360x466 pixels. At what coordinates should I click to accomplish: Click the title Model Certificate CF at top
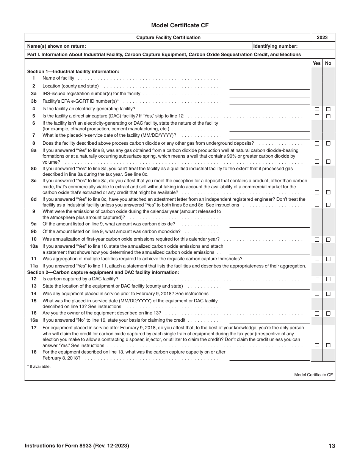pyautogui.click(x=180, y=25)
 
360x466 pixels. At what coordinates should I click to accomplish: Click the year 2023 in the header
pyautogui.click(x=322, y=38)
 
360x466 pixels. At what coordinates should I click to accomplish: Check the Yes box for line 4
pyautogui.click(x=317, y=109)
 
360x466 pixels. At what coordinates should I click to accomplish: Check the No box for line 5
pyautogui.click(x=328, y=116)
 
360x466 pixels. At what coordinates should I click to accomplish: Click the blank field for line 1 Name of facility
pyautogui.click(x=269, y=78)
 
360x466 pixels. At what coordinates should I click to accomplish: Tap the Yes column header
pyautogui.click(x=316, y=63)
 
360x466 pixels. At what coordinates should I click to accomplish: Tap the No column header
pyautogui.click(x=328, y=63)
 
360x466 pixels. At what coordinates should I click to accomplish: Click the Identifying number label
pyautogui.click(x=275, y=46)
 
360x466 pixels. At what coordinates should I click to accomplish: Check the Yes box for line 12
pyautogui.click(x=317, y=279)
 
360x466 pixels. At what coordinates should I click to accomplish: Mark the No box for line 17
pyautogui.click(x=328, y=345)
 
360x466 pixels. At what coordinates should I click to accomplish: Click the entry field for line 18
pyautogui.click(x=269, y=357)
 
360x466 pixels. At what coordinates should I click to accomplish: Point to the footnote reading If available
pyautogui.click(x=39, y=366)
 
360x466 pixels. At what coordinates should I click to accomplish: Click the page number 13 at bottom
pyautogui.click(x=332, y=446)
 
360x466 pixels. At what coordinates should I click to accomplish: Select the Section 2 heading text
pyautogui.click(x=103, y=272)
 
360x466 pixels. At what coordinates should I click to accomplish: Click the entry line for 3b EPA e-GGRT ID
pyautogui.click(x=269, y=102)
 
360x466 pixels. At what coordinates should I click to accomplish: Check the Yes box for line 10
pyautogui.click(x=317, y=239)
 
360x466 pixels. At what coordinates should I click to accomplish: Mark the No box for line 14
pyautogui.click(x=328, y=294)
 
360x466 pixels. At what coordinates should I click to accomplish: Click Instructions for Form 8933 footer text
pyautogui.click(x=77, y=446)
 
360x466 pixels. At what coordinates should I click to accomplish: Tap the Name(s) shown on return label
pyautogui.click(x=56, y=46)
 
